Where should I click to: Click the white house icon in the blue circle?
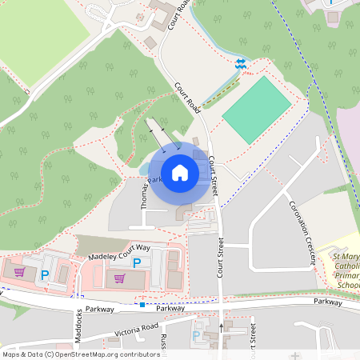point(180,172)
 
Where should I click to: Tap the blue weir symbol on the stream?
point(240,62)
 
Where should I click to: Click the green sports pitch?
point(256,110)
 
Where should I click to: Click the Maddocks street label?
point(78,325)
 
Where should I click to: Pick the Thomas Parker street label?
point(146,192)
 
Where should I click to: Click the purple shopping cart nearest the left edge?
point(19,272)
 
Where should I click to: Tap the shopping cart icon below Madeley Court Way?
point(119,278)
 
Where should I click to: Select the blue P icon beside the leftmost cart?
point(45,274)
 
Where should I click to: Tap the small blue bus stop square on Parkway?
point(142,305)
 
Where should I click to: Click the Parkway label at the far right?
point(327,302)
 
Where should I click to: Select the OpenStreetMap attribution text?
point(80,354)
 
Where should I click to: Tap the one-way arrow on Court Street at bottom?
point(222,326)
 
